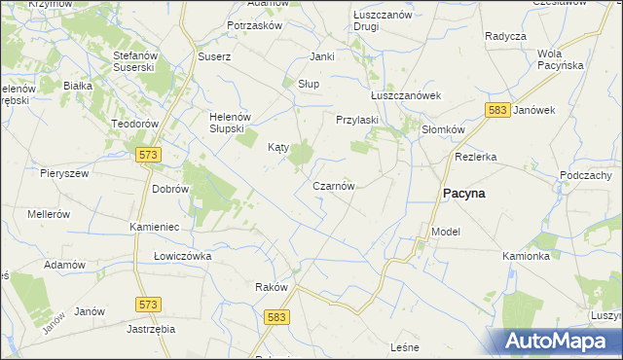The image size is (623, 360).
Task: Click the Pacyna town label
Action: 464,194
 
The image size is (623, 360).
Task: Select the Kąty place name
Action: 278,148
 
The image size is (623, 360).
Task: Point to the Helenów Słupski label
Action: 232,123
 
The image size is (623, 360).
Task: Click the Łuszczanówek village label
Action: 407,95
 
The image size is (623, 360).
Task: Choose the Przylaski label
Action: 356,120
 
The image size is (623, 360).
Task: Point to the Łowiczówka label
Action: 182,256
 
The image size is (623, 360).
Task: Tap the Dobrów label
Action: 169,189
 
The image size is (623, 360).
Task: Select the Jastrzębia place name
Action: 150,329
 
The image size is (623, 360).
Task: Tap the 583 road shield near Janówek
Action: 498,111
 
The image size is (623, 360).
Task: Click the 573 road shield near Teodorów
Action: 148,155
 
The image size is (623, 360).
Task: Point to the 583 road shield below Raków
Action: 277,317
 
